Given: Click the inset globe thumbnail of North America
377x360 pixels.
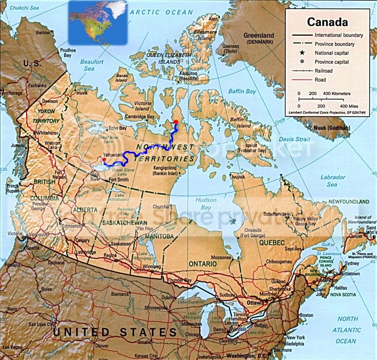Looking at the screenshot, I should [98, 22].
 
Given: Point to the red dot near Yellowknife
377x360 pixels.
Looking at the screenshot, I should [104, 159].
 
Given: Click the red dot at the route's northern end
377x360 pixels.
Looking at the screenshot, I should [175, 122].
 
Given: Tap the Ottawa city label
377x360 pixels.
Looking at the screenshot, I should [254, 303].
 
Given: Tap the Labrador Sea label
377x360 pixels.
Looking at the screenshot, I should [332, 181].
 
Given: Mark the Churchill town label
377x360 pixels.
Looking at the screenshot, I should [162, 207].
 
